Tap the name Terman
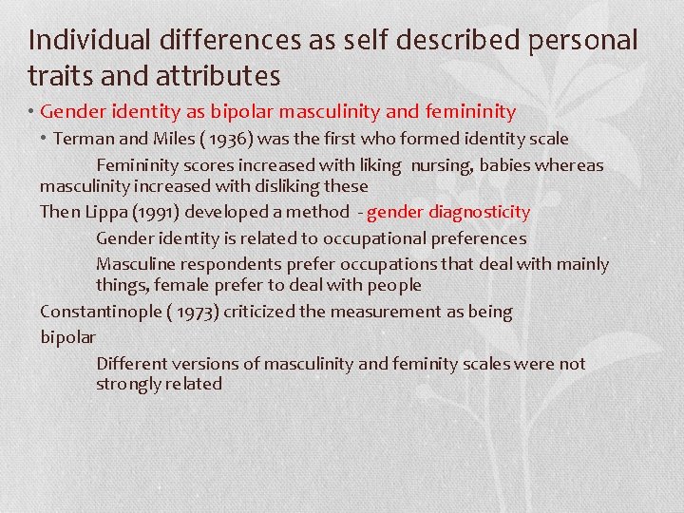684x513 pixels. [x=82, y=139]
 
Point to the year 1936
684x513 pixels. [x=195, y=139]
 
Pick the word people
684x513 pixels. [x=393, y=285]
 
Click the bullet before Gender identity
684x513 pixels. [x=32, y=112]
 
